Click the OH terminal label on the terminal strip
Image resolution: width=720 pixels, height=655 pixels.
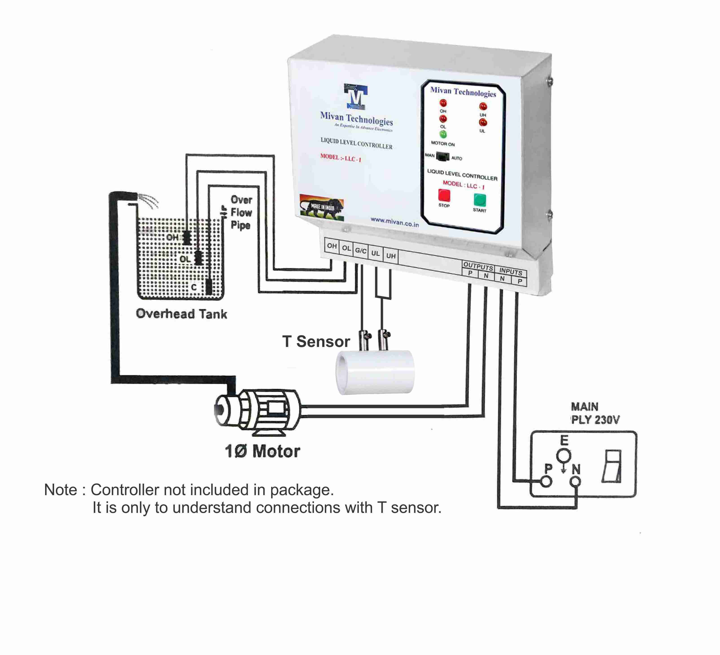(x=332, y=246)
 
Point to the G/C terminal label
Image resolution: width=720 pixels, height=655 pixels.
(x=360, y=251)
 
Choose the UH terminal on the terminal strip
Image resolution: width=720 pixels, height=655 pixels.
(x=391, y=256)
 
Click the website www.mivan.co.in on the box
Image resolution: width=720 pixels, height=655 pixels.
(x=394, y=222)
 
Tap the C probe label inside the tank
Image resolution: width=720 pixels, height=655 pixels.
(x=194, y=287)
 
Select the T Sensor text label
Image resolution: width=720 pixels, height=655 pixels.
(x=316, y=342)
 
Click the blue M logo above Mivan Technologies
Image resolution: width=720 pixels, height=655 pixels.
(x=356, y=97)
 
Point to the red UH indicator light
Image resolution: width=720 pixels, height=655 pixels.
(x=483, y=106)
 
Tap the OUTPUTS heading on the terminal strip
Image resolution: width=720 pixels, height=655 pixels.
(x=478, y=266)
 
